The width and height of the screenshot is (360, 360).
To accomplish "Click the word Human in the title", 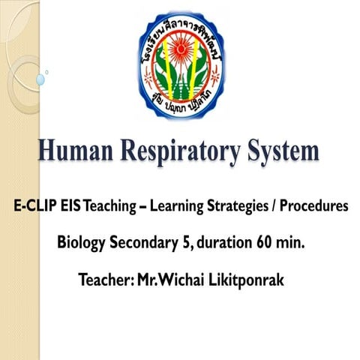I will [80, 152].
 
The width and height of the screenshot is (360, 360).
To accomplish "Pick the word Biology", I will [82, 244].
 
